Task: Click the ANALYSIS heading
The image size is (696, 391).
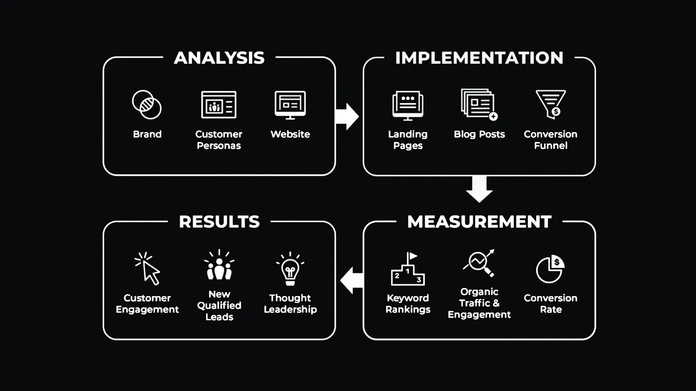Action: coord(219,58)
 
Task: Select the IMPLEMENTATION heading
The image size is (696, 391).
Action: coord(479,58)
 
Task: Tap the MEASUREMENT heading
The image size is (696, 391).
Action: coord(479,222)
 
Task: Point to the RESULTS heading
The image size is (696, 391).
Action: coord(219,222)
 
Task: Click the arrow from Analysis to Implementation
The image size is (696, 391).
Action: coord(347,117)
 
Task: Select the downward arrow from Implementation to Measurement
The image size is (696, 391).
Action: coord(479,189)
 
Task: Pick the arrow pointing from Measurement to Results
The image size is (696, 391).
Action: coord(352,280)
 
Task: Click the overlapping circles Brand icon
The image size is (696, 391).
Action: coord(147,105)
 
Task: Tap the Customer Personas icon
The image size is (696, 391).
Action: coord(219,105)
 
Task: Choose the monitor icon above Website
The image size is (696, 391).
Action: coord(290,105)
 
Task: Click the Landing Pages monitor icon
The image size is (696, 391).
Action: coord(408,105)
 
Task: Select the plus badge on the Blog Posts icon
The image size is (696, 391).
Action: coord(493,116)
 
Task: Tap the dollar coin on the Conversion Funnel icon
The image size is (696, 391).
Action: coord(556,112)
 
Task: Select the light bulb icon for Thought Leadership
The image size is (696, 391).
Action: coord(290,269)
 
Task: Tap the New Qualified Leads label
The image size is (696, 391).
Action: coord(219,305)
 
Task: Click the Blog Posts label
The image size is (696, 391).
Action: coord(479,134)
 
